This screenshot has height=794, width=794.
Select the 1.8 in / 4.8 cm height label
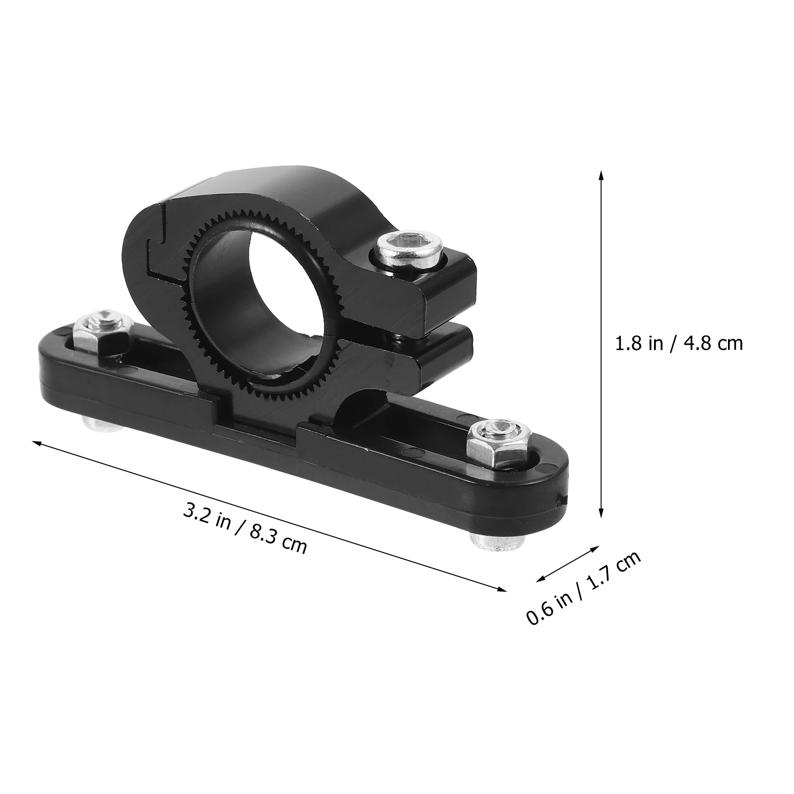coord(679,343)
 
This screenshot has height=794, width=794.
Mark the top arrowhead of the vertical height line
coord(601,174)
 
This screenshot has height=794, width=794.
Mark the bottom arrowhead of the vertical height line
coord(601,516)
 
